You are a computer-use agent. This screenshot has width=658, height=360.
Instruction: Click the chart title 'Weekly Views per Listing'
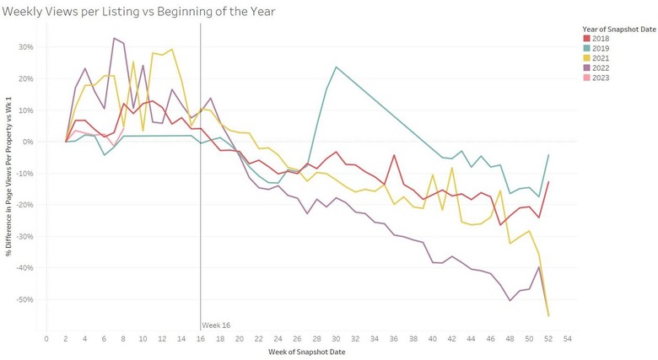[139, 11]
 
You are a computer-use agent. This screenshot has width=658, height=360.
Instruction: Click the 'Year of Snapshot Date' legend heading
[612, 28]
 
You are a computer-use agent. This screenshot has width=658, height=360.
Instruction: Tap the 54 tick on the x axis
[569, 338]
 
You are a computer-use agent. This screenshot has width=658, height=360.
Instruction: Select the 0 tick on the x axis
[46, 338]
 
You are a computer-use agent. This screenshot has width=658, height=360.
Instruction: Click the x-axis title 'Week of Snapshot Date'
[307, 351]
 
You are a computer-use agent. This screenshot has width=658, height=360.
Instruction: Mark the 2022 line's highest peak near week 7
[114, 38]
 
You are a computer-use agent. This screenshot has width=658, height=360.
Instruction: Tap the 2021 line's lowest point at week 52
[549, 316]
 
